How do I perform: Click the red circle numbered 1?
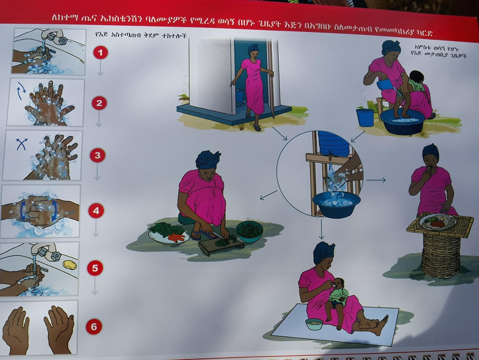click(100, 53)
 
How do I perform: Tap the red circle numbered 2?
click(99, 103)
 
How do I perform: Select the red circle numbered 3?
click(98, 156)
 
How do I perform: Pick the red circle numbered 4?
click(96, 211)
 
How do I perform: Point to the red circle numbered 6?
click(94, 327)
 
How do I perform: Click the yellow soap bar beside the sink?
click(70, 265)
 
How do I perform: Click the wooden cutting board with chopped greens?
click(221, 246)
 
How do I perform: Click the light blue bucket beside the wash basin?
click(365, 118)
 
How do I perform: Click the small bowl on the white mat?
click(314, 324)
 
